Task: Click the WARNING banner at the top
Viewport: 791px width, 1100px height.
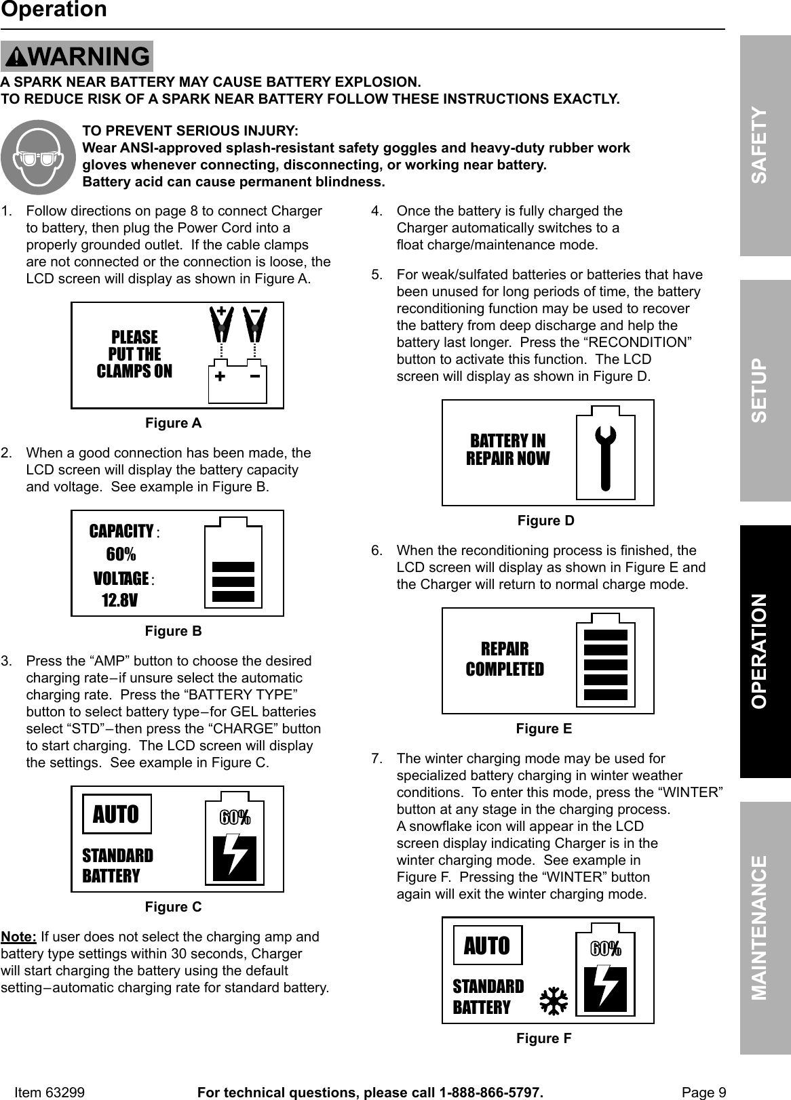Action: click(x=77, y=56)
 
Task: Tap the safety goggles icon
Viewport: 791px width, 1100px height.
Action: click(x=38, y=157)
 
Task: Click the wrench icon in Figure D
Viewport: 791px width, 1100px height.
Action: click(x=605, y=457)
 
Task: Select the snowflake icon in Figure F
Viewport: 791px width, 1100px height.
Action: click(x=553, y=1002)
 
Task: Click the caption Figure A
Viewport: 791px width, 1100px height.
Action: click(x=173, y=423)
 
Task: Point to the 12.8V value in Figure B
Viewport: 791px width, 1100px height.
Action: click(x=119, y=600)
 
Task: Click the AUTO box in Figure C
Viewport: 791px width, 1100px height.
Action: click(x=117, y=814)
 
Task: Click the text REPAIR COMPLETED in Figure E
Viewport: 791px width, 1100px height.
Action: click(x=505, y=659)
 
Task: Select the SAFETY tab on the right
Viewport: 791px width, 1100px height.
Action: click(x=765, y=146)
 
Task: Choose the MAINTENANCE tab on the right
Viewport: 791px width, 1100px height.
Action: click(x=765, y=927)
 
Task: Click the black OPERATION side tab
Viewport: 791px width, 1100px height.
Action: click(x=765, y=651)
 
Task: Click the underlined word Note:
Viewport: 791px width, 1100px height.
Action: click(x=19, y=937)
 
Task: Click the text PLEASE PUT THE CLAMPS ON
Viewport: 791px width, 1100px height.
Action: click(x=134, y=354)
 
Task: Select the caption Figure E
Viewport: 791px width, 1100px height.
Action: click(x=543, y=729)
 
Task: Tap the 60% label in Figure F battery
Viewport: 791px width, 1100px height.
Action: click(x=604, y=949)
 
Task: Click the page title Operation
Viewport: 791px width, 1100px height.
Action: click(x=54, y=10)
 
